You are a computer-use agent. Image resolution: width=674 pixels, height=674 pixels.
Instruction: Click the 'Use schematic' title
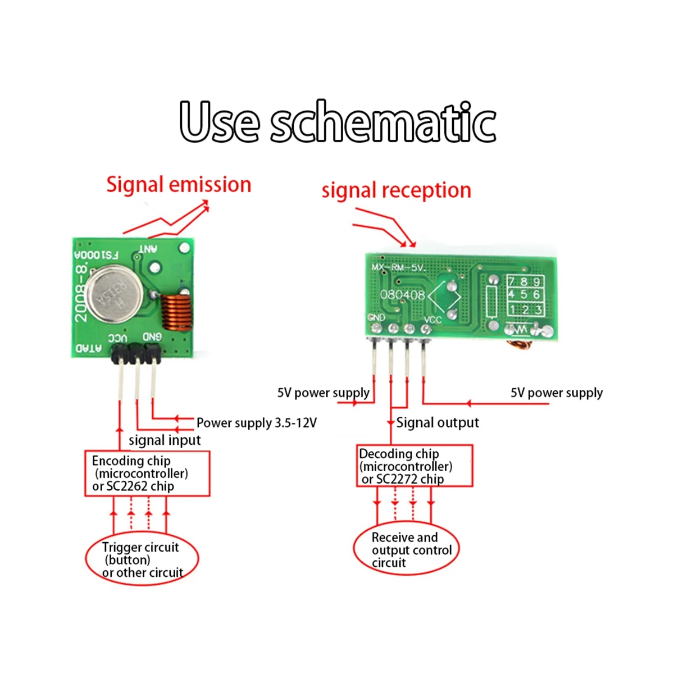click(338, 122)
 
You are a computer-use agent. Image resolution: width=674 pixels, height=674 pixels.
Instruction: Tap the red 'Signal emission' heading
click(179, 185)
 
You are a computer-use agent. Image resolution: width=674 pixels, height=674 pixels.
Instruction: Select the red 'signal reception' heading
click(396, 190)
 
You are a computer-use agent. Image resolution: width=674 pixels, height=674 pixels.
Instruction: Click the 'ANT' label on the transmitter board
click(148, 248)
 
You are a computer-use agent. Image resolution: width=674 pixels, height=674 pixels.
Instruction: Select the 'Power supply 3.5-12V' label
click(256, 422)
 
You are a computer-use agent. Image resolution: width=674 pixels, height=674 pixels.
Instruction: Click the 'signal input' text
click(165, 440)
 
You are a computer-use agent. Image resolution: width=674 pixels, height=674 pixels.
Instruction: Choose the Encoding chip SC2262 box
click(147, 473)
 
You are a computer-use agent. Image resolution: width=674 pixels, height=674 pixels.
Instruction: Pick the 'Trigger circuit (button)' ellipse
click(142, 559)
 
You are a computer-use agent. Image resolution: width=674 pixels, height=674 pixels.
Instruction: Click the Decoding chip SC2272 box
click(415, 466)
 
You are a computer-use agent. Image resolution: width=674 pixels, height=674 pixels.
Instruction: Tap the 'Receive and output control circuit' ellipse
click(406, 550)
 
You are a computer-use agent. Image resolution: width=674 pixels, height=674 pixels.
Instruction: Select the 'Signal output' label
click(438, 422)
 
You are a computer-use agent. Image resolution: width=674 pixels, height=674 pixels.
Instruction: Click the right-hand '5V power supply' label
click(556, 393)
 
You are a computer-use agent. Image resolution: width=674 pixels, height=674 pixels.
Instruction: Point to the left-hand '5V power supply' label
click(324, 393)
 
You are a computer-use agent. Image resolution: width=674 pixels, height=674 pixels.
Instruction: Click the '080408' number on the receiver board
click(402, 295)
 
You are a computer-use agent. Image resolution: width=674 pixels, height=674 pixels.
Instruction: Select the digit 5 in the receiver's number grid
click(524, 294)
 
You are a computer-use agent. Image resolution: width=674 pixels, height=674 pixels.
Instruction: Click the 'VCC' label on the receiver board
click(432, 320)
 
